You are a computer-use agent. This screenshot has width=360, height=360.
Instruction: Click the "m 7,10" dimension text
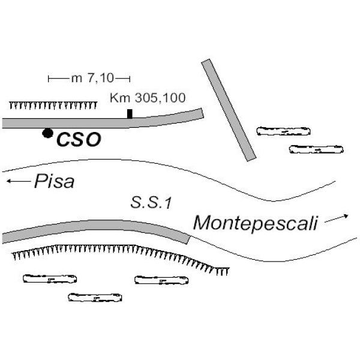click(x=89, y=78)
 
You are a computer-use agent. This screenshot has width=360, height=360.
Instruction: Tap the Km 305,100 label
click(x=148, y=98)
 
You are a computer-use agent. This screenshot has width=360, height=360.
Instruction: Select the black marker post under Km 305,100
click(x=130, y=113)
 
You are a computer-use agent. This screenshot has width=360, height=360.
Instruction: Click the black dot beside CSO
click(x=47, y=133)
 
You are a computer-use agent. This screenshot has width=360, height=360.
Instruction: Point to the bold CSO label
click(x=78, y=140)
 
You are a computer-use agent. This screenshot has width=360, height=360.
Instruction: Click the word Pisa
click(x=54, y=181)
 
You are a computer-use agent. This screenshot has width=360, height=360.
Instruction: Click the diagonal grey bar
click(x=229, y=110)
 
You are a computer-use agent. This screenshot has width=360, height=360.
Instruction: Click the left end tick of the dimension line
click(x=49, y=78)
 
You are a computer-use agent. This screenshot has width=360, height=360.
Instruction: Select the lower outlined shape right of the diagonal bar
click(x=316, y=149)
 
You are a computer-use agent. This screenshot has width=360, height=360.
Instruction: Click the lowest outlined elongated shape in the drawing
click(x=95, y=297)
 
